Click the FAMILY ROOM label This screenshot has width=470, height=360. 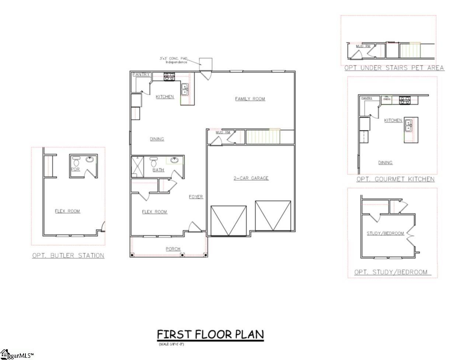click(250, 99)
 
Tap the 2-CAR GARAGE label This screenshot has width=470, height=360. click(251, 178)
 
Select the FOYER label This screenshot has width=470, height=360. click(196, 197)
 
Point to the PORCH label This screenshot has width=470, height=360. click(173, 249)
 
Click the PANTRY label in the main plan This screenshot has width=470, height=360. click(142, 75)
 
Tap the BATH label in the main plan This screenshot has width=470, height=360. click(159, 170)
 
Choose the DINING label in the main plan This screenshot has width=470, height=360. click(157, 139)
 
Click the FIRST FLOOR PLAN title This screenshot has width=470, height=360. click(210, 335)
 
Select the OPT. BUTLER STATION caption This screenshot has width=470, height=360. click(68, 255)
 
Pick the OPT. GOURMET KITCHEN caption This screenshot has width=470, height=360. click(395, 179)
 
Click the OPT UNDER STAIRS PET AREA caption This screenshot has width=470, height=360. click(394, 68)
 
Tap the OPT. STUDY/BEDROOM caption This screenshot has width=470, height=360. click(391, 272)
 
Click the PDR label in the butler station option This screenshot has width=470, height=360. click(75, 169)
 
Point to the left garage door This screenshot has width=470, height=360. click(229, 221)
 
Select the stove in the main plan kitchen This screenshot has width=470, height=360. click(169, 77)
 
